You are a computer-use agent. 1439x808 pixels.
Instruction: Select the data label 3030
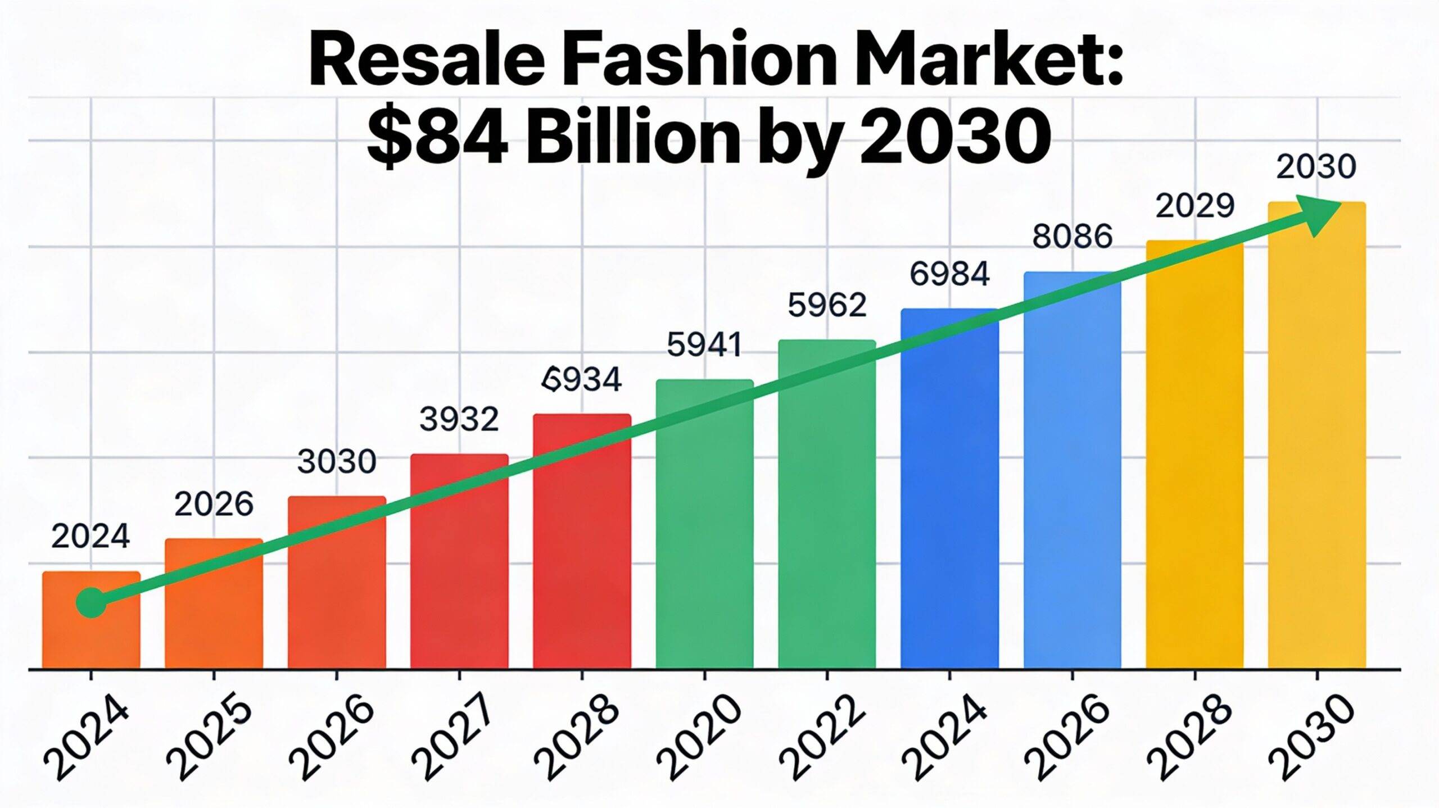tap(336, 462)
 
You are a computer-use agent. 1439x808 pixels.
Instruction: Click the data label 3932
tap(459, 419)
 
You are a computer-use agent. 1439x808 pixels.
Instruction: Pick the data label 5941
tap(704, 344)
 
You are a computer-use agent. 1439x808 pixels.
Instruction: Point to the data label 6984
tap(949, 274)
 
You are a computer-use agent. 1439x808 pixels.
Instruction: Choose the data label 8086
tap(1073, 237)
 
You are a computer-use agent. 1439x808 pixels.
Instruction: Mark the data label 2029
tap(1194, 206)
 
